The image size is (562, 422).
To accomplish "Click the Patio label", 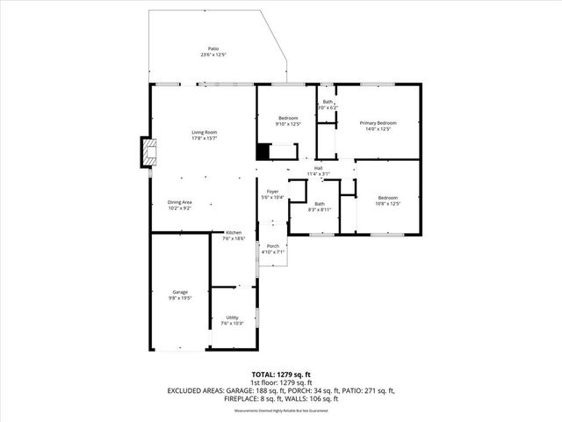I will coord(213,48).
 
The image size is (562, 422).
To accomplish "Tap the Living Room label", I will coord(205,133).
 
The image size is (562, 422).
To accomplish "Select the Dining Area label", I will coord(179,203).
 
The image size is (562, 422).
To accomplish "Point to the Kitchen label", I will coord(233,233).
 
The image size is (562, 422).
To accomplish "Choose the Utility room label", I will coord(233,317).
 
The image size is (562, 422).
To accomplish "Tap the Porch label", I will coord(273,246).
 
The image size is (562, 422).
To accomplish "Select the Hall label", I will coord(319,168).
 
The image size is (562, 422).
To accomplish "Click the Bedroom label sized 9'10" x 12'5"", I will coord(288,118).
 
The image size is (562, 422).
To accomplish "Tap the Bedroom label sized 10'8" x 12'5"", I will coord(388,198).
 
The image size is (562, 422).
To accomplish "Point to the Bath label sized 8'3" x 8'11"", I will coord(320,204).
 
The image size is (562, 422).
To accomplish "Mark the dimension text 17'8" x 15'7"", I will coord(205,138).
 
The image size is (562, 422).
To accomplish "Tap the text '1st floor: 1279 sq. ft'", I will coord(280,383).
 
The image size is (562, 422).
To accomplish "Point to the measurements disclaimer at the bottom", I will coord(280,411).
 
